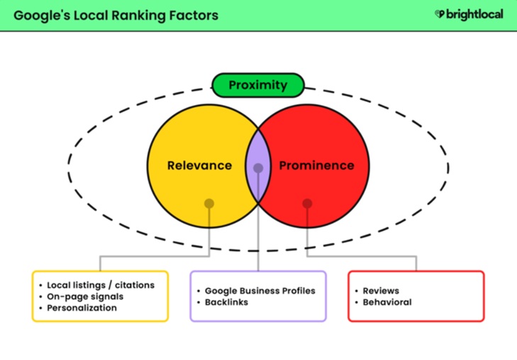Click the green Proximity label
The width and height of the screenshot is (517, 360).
258,86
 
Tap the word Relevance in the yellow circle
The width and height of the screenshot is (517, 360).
199,166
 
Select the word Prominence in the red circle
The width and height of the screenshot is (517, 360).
316,166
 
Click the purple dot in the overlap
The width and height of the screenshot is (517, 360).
258,169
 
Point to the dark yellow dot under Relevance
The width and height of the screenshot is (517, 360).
209,203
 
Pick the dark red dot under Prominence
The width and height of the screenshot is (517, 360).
307,203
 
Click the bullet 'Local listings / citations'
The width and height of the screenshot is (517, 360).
100,285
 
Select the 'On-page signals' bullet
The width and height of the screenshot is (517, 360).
85,296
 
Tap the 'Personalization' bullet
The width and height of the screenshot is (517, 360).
82,308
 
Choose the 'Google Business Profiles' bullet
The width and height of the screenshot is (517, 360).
260,291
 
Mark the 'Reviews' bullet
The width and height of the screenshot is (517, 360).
381,291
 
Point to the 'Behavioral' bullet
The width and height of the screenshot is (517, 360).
387,302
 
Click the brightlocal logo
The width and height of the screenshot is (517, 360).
469,14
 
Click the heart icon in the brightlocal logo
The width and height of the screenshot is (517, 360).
440,14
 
